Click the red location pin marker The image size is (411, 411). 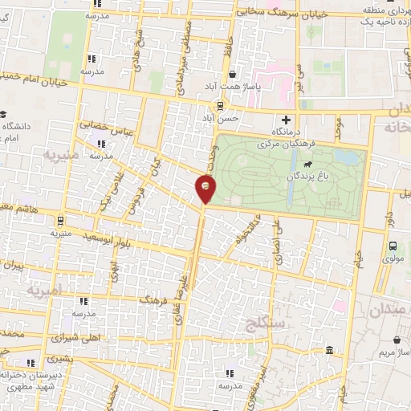(205, 188)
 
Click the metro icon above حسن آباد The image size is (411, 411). (222, 105)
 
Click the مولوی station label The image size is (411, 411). (393, 259)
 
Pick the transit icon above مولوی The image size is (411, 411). (393, 246)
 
